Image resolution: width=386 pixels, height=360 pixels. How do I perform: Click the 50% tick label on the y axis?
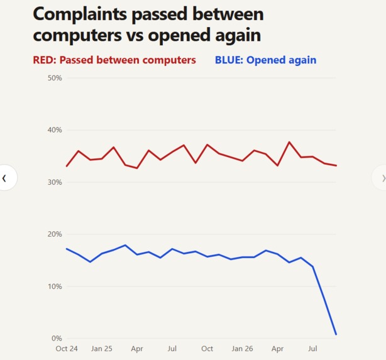[55, 78]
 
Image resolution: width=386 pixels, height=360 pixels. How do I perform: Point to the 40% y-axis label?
[55, 130]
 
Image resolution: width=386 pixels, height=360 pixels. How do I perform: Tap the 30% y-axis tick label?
[55, 182]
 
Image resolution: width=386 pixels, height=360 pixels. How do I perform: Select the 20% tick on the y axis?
[55, 234]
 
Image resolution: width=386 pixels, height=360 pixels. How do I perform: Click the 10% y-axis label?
[55, 286]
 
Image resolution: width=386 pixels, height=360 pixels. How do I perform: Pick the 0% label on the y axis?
[57, 339]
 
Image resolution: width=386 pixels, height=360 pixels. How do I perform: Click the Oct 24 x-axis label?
[67, 349]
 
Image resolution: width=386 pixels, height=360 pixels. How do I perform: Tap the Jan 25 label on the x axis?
[102, 349]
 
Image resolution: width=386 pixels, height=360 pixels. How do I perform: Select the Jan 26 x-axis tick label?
[242, 349]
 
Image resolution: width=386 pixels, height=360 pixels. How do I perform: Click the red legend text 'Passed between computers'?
[128, 60]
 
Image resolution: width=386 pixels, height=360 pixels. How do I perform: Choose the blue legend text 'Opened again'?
[282, 60]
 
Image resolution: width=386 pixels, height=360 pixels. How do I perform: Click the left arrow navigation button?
[8, 178]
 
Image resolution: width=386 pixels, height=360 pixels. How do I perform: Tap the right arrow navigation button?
[380, 178]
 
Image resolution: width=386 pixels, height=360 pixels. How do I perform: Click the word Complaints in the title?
[80, 14]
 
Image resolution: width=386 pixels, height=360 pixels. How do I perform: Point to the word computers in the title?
[77, 35]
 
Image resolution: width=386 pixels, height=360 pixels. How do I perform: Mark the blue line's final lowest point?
[336, 334]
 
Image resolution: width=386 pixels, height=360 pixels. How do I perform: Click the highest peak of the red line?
[289, 142]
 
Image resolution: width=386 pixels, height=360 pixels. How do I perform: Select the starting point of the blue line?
[67, 249]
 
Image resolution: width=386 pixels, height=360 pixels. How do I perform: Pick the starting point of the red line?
[67, 166]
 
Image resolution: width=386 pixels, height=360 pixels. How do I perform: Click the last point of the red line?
[336, 166]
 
